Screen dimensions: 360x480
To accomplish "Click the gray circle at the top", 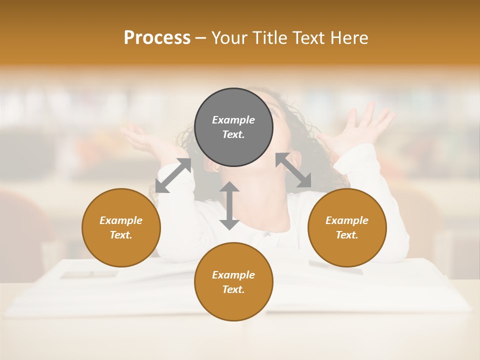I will coord(233,127).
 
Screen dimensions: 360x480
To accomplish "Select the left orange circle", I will coord(121,227).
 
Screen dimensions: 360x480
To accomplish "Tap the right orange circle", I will coord(346,227).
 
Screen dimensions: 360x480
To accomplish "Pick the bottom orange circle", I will coord(233,282).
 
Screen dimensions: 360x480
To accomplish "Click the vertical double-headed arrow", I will coord(229,205).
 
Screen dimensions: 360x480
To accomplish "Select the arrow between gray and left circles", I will coord(173,175).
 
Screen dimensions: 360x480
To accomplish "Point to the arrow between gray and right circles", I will coord(293,170).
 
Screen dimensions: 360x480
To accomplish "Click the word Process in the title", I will coord(157,38).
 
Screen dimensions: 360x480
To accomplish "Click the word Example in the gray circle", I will coord(233,120).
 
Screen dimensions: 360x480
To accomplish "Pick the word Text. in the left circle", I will coord(121,235).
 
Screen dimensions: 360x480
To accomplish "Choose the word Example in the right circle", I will coord(346,220).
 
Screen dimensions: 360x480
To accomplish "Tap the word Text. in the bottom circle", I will coord(233,289).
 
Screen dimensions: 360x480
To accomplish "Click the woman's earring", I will coord(216,169).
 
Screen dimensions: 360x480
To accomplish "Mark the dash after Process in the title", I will coord(201,38).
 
